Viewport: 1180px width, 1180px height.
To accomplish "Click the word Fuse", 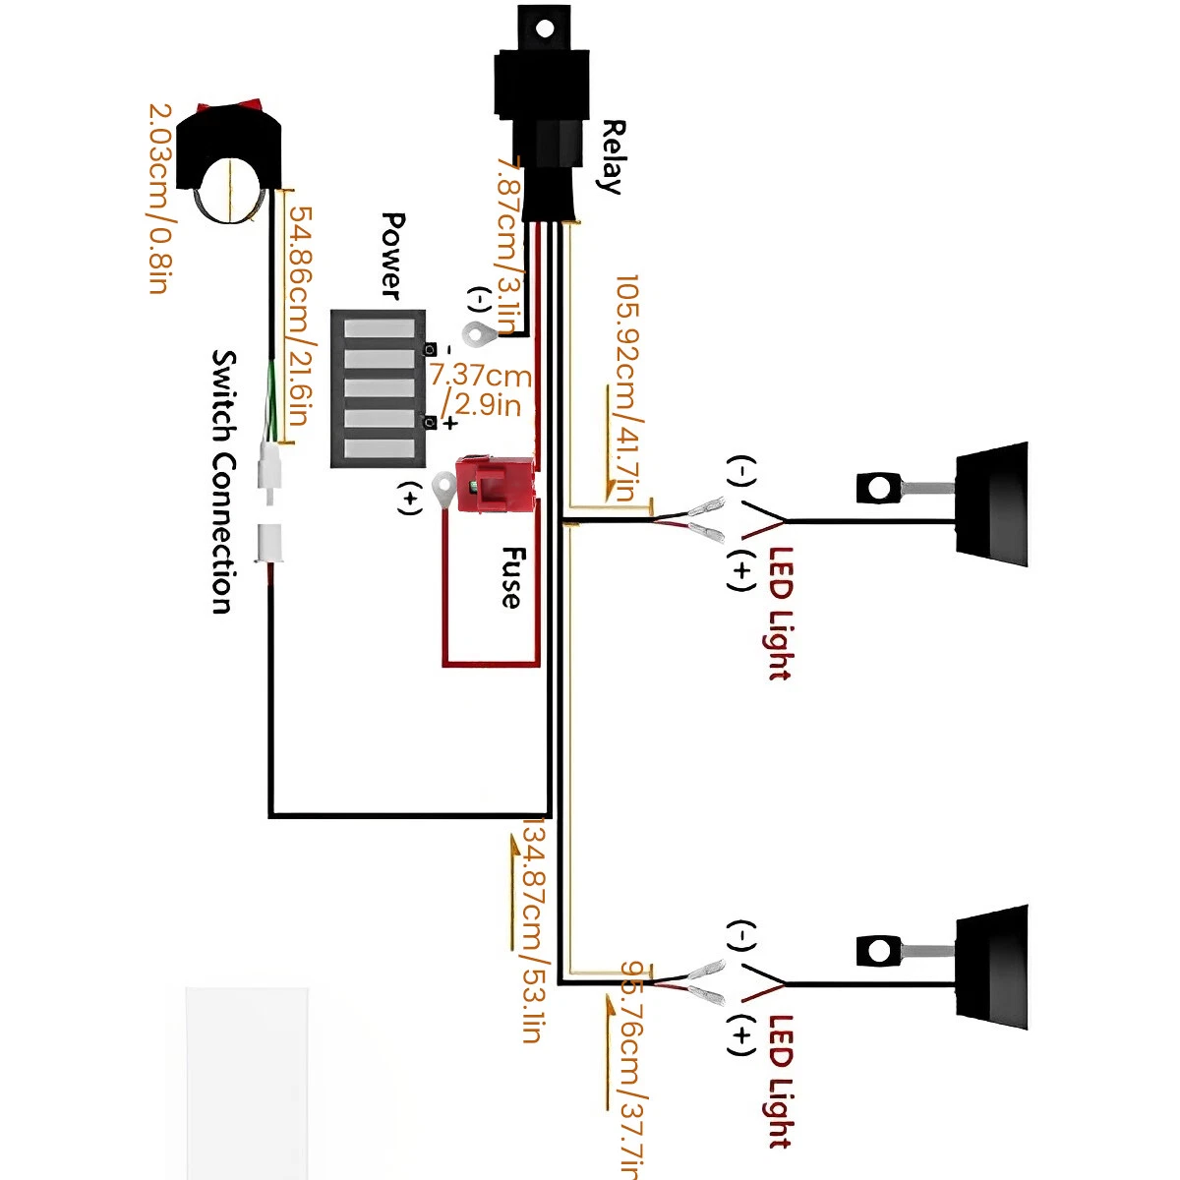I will coord(511,578).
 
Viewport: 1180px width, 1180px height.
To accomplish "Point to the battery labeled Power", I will coord(379,388).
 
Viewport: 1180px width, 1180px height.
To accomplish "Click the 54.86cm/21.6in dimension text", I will coord(301,315).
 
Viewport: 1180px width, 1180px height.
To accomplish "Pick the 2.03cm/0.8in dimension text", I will coord(160,197).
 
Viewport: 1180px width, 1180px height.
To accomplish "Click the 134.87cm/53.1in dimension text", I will coord(532,929).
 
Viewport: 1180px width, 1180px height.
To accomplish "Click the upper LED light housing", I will coord(993,503).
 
